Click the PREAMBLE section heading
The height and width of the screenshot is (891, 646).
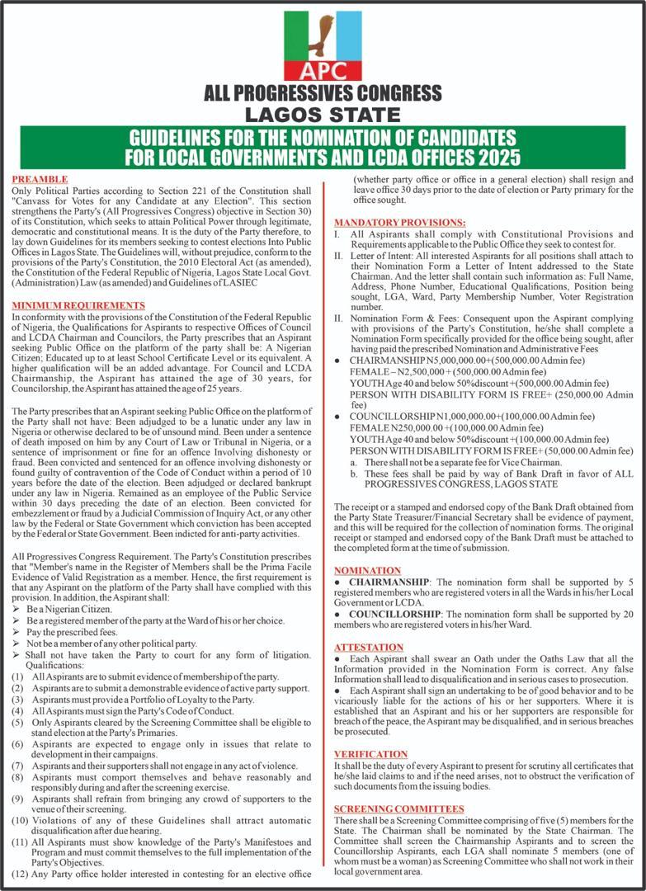(x=39, y=179)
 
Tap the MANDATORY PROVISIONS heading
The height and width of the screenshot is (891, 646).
(x=399, y=223)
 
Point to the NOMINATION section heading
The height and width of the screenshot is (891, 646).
(x=367, y=570)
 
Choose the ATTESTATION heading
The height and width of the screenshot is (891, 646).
(x=369, y=647)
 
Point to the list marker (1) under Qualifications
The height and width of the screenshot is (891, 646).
(x=17, y=676)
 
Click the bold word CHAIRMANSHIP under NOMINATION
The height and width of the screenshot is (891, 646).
(x=390, y=582)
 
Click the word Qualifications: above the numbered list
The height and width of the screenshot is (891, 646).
(x=54, y=665)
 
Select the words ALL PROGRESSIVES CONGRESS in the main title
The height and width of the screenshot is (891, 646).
(x=323, y=92)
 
